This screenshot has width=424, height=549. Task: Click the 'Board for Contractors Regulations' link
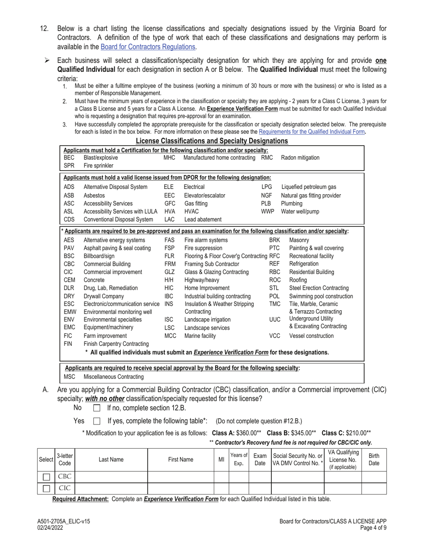pyautogui.click(x=148, y=46)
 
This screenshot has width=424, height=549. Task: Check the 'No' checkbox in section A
pyautogui.click(x=96, y=408)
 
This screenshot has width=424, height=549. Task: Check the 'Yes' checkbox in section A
pyautogui.click(x=96, y=421)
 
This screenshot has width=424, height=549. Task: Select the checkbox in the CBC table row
pyautogui.click(x=46, y=477)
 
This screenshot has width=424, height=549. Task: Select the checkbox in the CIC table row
pyautogui.click(x=46, y=488)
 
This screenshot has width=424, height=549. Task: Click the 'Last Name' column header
pyautogui.click(x=111, y=459)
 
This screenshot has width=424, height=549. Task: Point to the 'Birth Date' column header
pyautogui.click(x=374, y=459)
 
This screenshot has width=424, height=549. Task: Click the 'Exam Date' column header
pyautogui.click(x=260, y=459)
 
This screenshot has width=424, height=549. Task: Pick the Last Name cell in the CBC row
pyautogui.click(x=111, y=477)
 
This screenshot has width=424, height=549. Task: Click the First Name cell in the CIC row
pyautogui.click(x=180, y=488)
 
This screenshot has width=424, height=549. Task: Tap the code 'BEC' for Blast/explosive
pyautogui.click(x=69, y=158)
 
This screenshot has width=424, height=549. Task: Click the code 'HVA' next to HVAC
pyautogui.click(x=169, y=211)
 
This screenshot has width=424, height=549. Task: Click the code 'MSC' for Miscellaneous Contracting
pyautogui.click(x=69, y=377)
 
